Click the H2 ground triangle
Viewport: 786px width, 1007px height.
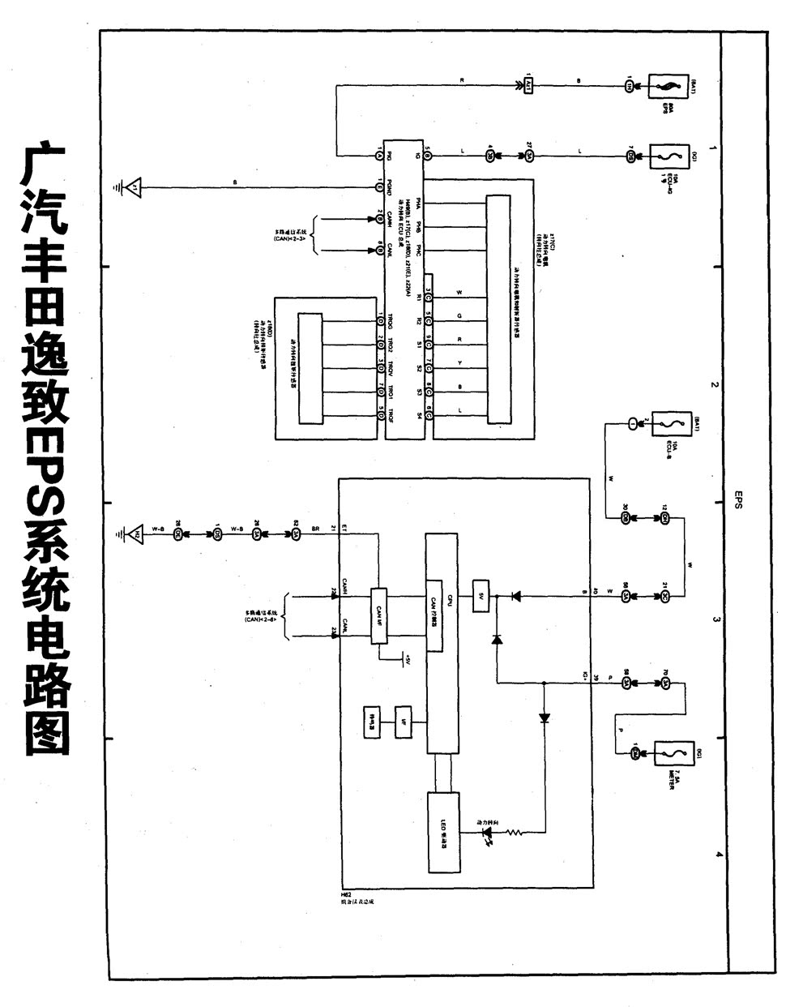136,534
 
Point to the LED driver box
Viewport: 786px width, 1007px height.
444,832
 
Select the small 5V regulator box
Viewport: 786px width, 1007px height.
481,596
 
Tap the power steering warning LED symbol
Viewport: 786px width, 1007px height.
489,832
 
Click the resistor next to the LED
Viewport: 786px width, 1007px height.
517,832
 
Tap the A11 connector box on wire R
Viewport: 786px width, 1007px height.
528,85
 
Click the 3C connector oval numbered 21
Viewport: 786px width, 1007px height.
664,596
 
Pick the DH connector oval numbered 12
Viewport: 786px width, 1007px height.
664,517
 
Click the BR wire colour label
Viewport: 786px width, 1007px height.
316,529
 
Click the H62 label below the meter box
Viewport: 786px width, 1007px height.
346,893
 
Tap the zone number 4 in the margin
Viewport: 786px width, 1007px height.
717,854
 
